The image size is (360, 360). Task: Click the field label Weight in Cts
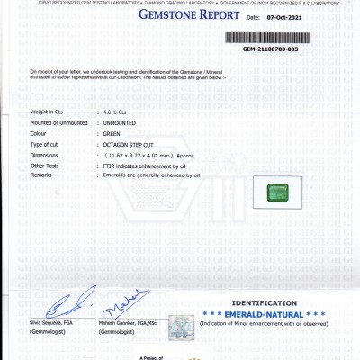coord(47,111)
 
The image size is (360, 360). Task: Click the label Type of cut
coord(48,144)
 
